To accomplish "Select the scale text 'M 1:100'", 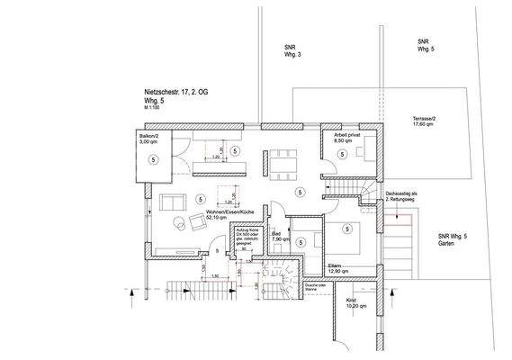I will point(154,109).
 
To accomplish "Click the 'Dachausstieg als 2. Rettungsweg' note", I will point(400,198).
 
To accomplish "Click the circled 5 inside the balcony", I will point(154,159).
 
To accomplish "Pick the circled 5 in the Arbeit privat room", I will point(343,154).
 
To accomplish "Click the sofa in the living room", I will point(172,201).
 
